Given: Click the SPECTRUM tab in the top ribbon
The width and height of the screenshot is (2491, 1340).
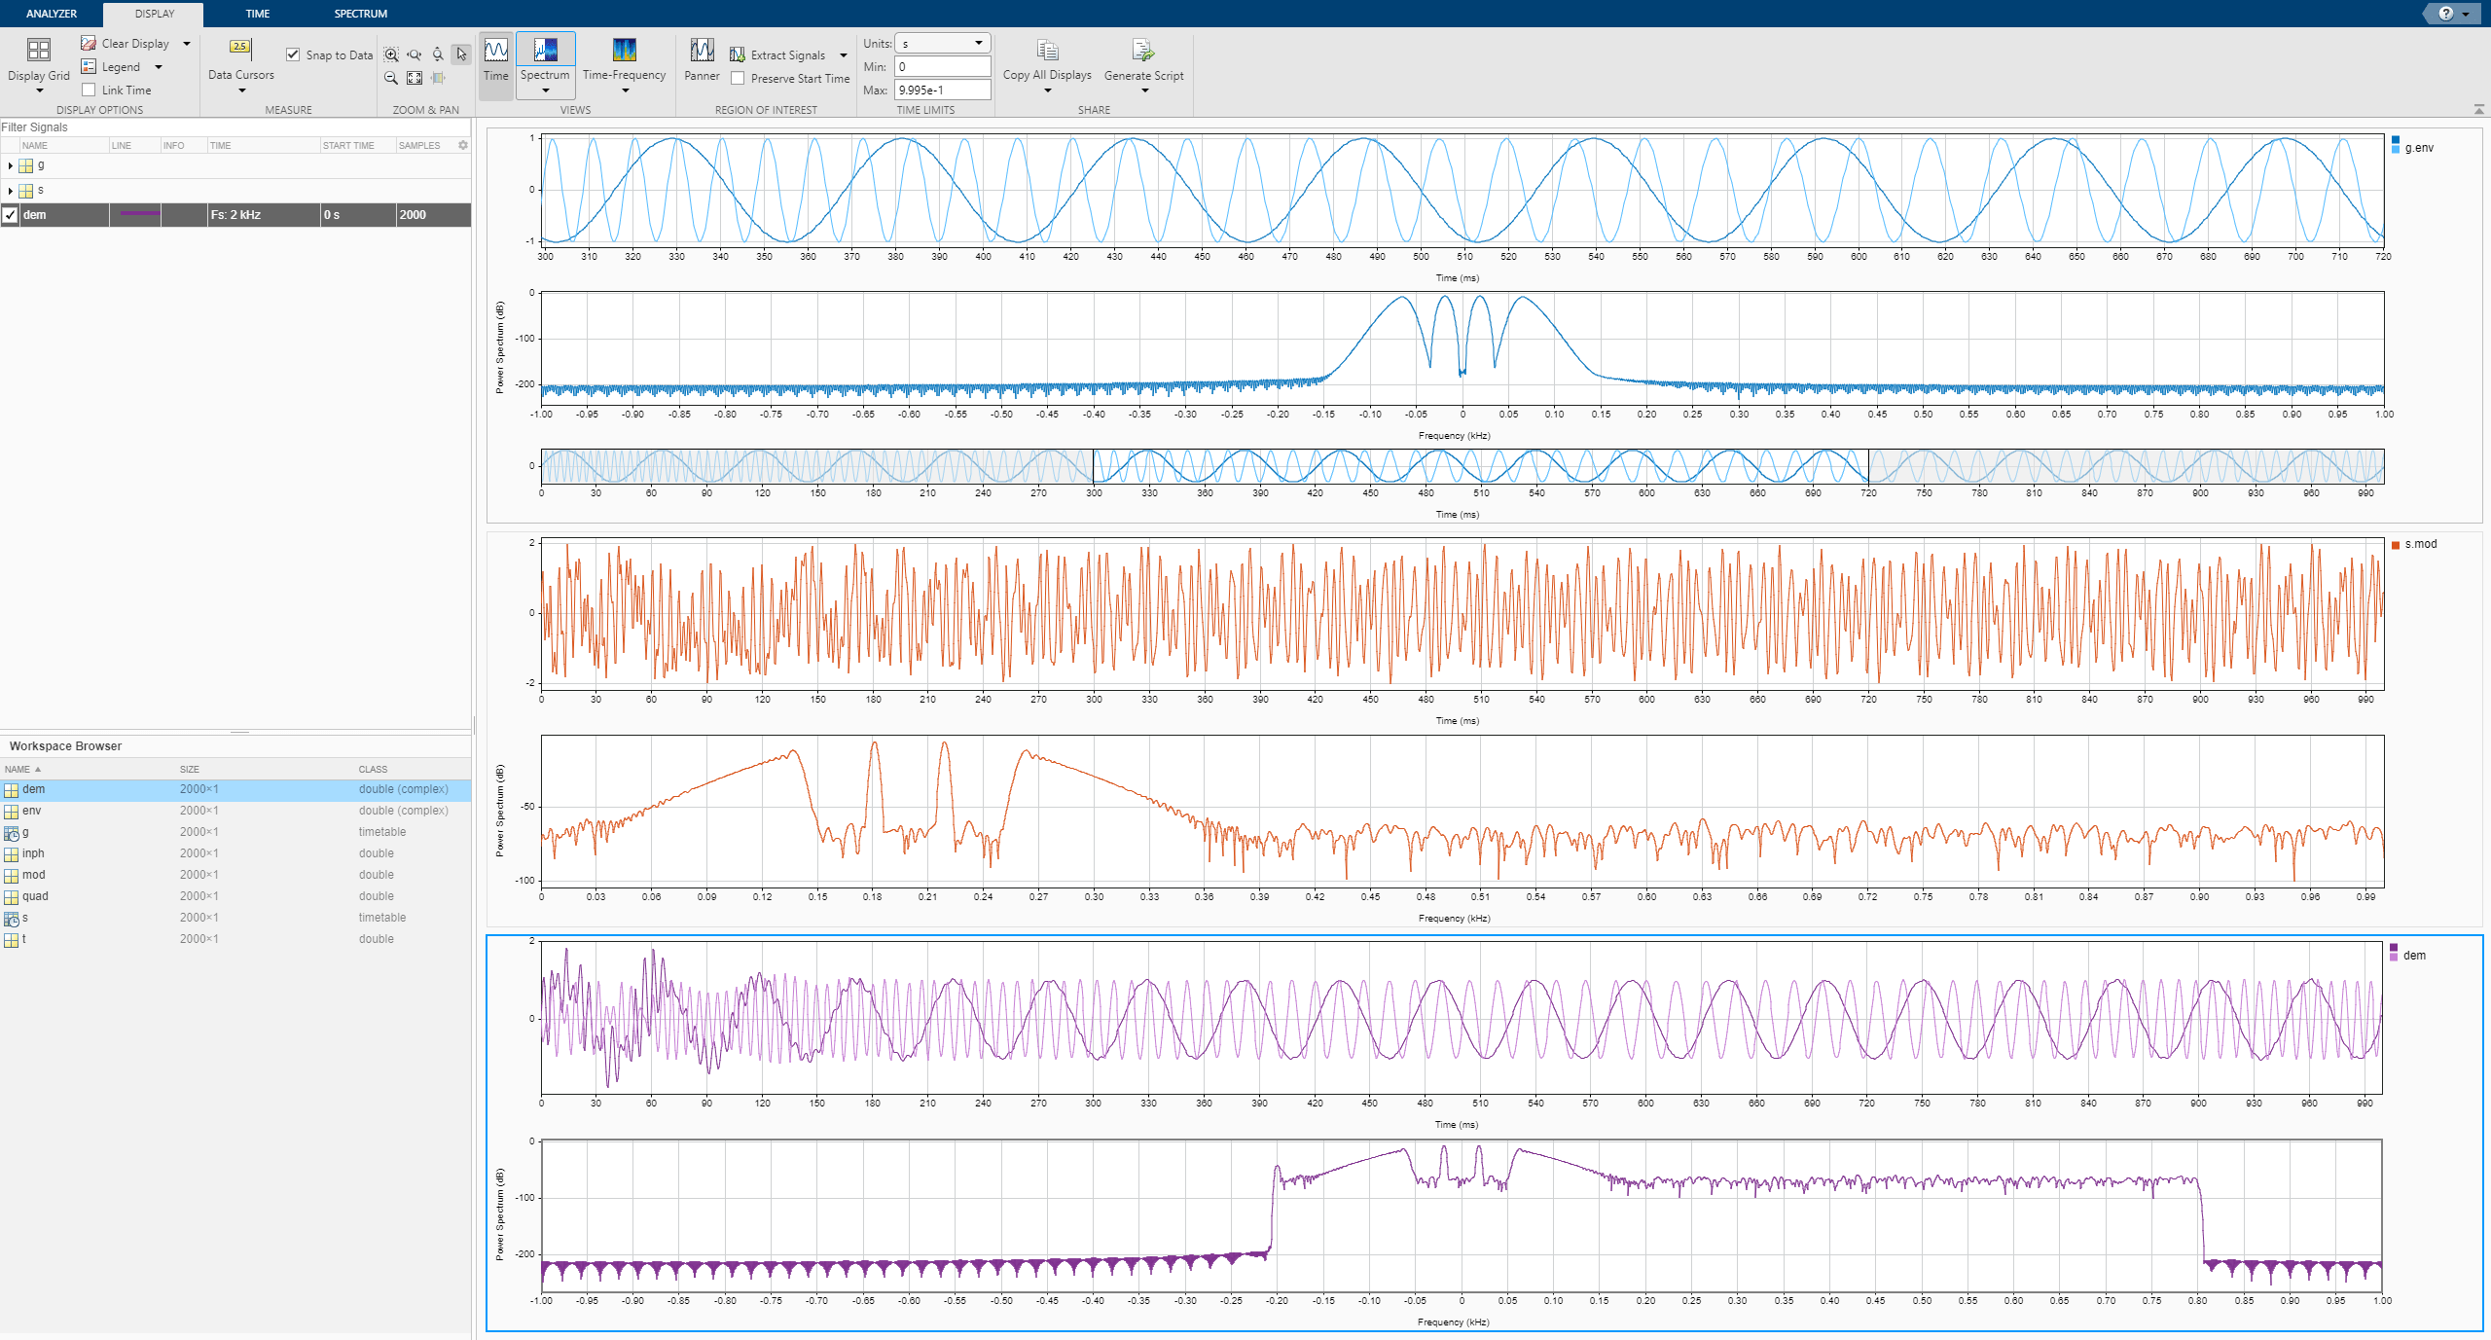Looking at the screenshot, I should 360,14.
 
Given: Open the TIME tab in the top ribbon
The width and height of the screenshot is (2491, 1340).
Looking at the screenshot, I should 258,14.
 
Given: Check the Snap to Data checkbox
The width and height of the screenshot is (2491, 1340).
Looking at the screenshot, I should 293,54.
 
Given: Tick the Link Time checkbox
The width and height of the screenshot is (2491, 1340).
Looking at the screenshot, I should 90,91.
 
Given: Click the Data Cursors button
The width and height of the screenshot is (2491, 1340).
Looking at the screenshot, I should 240,58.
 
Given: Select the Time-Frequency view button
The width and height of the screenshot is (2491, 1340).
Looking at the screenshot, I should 624,58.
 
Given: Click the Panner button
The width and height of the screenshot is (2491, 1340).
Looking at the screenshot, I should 702,58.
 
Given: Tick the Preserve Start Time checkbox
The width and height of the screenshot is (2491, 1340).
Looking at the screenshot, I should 739,79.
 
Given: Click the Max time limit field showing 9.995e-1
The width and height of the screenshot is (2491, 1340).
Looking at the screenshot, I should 941,90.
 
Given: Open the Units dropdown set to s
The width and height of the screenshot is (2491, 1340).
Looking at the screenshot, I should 941,44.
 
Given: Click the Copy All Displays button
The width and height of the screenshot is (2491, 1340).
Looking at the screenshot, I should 1047,58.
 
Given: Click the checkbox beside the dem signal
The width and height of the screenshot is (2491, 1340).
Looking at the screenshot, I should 11,215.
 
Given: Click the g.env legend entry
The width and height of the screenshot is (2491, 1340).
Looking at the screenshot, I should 2418,148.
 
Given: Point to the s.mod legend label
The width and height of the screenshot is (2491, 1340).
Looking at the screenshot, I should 2420,544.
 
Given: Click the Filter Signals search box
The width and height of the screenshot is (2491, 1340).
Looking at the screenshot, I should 234,127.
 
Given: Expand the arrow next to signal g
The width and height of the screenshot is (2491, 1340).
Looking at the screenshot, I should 10,166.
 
